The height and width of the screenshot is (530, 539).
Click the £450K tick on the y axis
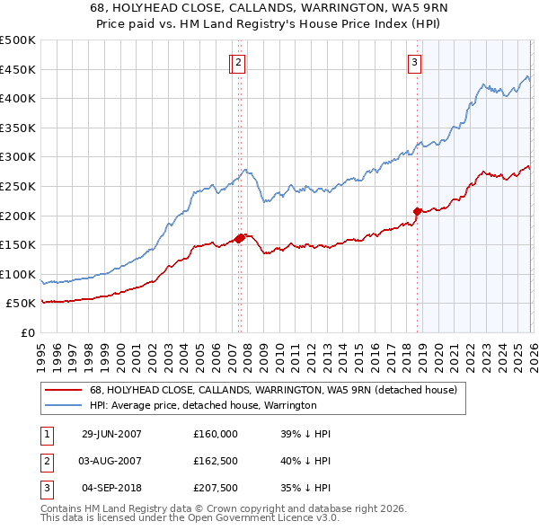[18, 69]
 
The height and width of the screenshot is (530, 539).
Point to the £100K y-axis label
[18, 274]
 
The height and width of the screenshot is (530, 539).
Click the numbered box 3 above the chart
[415, 62]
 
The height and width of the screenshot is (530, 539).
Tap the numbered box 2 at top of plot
[241, 62]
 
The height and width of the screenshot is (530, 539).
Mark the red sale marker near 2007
[240, 238]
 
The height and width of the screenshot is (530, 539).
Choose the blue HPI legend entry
[202, 405]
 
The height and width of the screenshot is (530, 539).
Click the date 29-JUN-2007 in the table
[111, 433]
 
